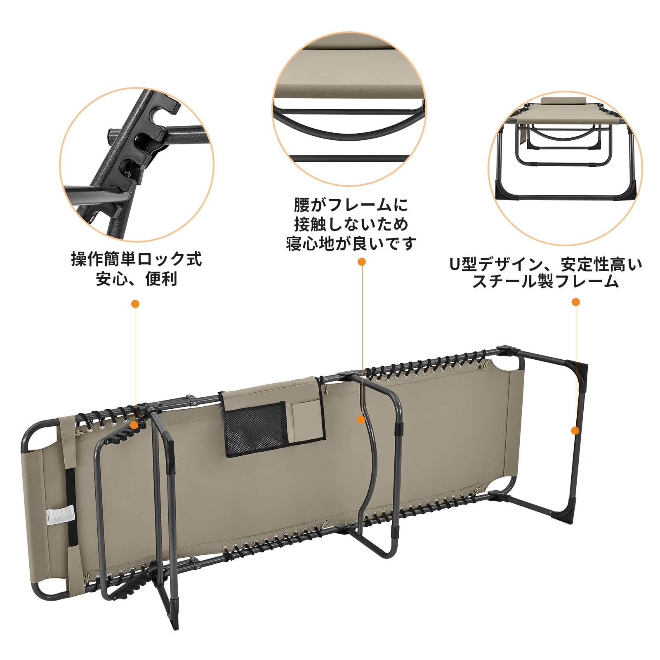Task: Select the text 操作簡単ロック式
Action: tap(136, 259)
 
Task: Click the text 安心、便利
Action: tap(136, 279)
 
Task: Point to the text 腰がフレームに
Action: tap(351, 205)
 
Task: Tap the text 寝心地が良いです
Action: tap(351, 244)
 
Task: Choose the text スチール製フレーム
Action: tap(545, 282)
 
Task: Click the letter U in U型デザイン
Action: tap(454, 264)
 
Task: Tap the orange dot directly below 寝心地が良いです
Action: tap(362, 262)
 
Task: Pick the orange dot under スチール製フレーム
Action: tap(576, 302)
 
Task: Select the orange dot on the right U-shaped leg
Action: tap(575, 431)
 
